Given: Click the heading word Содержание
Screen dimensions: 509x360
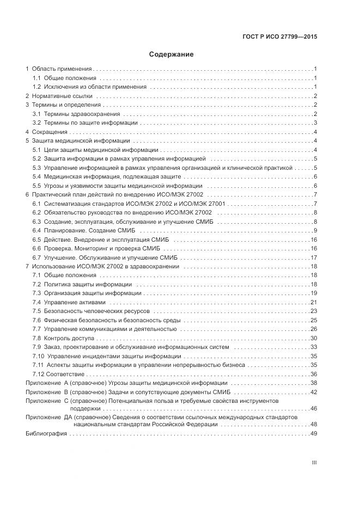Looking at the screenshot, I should [x=171, y=54].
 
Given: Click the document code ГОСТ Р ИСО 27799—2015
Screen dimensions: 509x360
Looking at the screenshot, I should [x=280, y=37].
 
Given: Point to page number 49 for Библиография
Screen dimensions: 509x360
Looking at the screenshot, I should [x=313, y=434].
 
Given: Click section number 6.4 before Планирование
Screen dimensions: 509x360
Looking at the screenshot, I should [x=36, y=230].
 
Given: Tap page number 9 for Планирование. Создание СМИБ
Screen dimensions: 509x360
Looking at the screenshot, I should [x=315, y=230].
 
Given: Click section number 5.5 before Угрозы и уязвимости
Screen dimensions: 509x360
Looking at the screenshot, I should [x=36, y=186].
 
